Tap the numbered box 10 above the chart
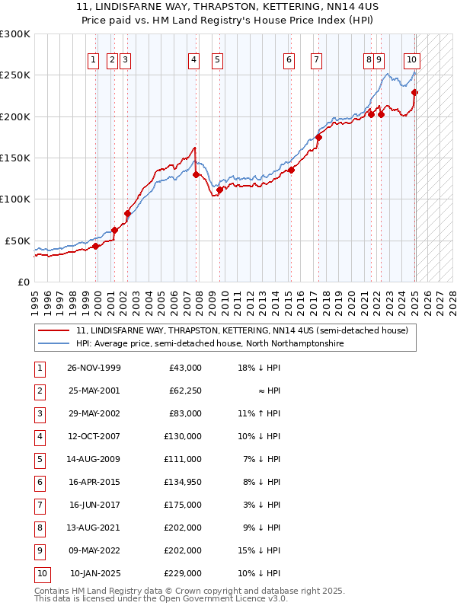(x=411, y=59)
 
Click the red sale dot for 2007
(x=196, y=174)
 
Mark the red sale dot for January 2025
(x=415, y=93)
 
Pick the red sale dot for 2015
(x=291, y=170)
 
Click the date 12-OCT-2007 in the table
(x=94, y=436)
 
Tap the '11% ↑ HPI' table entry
(x=259, y=413)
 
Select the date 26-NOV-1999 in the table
(x=94, y=368)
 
